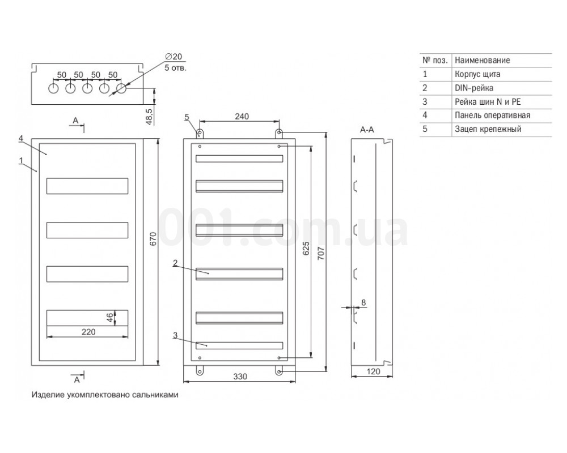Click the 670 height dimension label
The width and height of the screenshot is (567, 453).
tap(153, 239)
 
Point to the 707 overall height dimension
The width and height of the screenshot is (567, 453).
tap(321, 253)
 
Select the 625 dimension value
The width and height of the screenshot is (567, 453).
tap(306, 249)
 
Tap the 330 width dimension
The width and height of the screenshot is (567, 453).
tap(240, 377)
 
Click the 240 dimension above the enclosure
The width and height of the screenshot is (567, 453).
tap(242, 116)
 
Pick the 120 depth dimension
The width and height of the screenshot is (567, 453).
tap(373, 371)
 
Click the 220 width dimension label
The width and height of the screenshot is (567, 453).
tap(88, 332)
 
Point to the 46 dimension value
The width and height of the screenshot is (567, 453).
tap(109, 318)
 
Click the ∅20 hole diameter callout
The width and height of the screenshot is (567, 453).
tap(174, 57)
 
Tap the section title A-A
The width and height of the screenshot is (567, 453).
tap(367, 129)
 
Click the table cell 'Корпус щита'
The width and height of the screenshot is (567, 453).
tap(477, 74)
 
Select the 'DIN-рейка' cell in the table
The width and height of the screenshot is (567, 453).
tap(473, 88)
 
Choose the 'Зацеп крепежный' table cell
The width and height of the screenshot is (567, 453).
tap(488, 129)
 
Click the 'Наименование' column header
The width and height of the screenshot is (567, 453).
tap(483, 61)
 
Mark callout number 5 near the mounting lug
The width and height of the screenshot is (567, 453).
tap(187, 117)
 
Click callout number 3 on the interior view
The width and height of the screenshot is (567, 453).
tap(175, 336)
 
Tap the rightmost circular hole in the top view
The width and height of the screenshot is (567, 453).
tap(121, 88)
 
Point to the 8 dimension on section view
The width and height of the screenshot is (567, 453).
tap(363, 302)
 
